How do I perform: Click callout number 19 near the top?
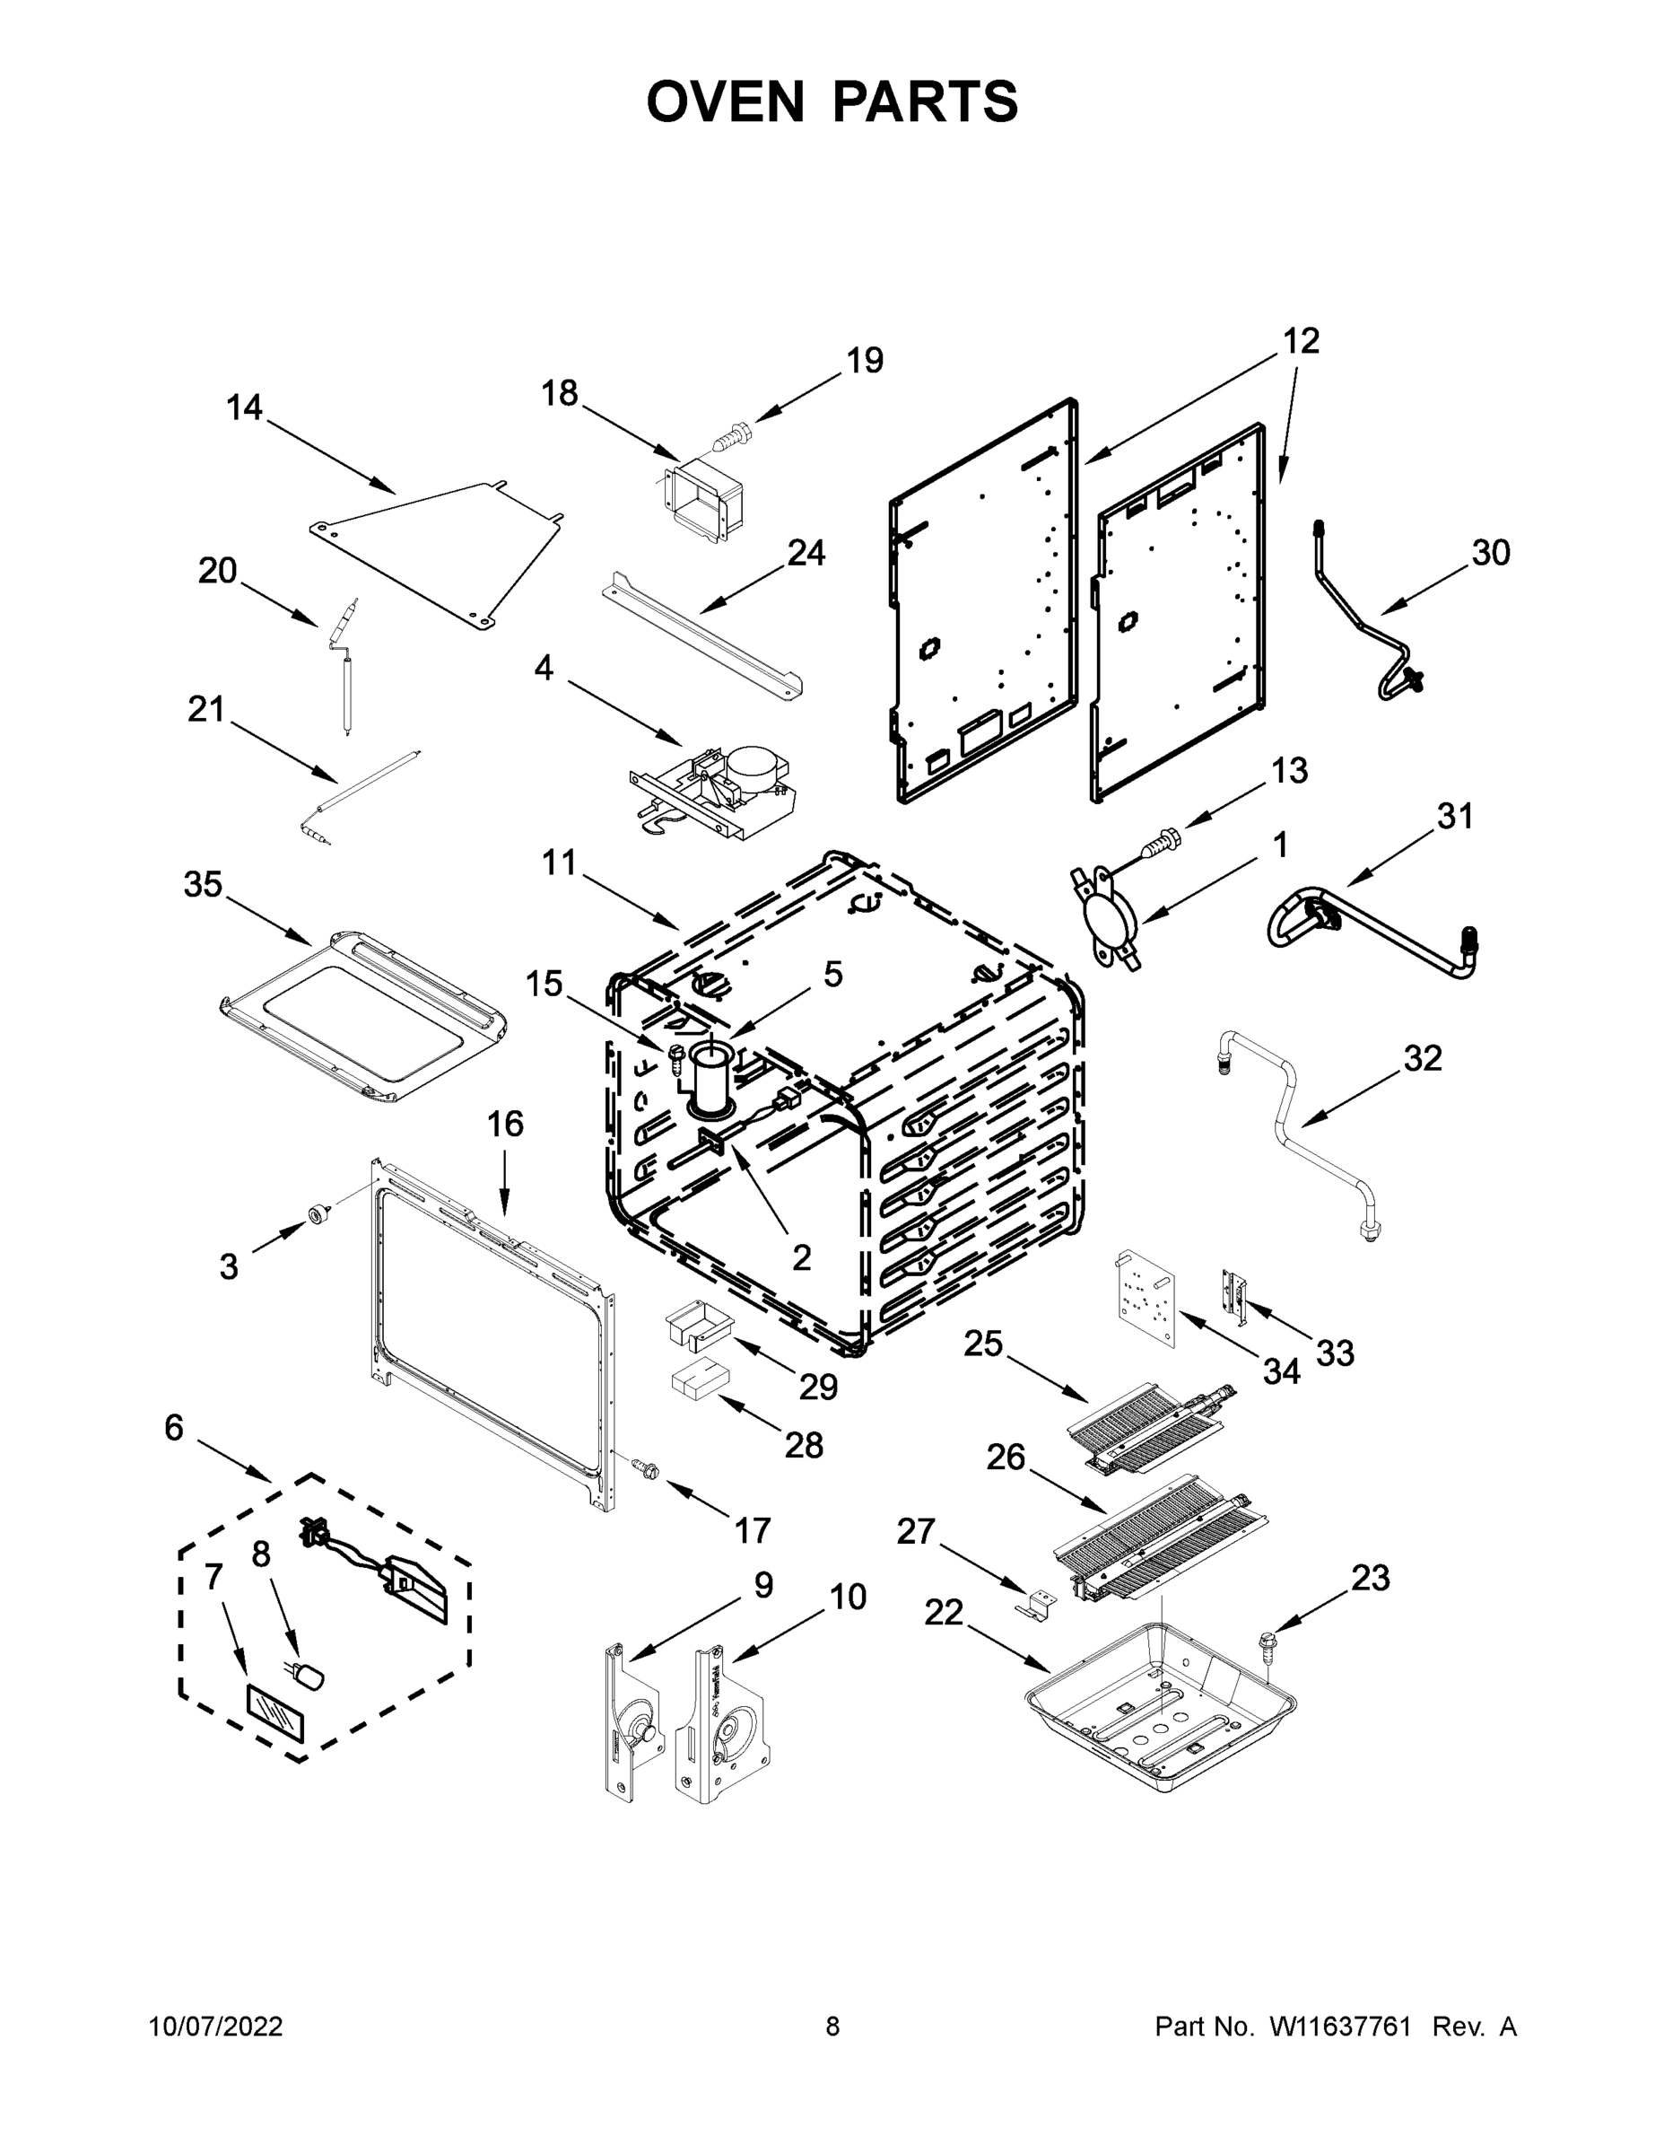(864, 361)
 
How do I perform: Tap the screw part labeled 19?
(731, 434)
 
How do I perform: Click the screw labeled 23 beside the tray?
(1265, 1644)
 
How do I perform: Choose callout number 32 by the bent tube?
(1423, 1058)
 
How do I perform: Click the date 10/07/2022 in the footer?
(216, 2027)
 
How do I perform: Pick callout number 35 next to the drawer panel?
(203, 885)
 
